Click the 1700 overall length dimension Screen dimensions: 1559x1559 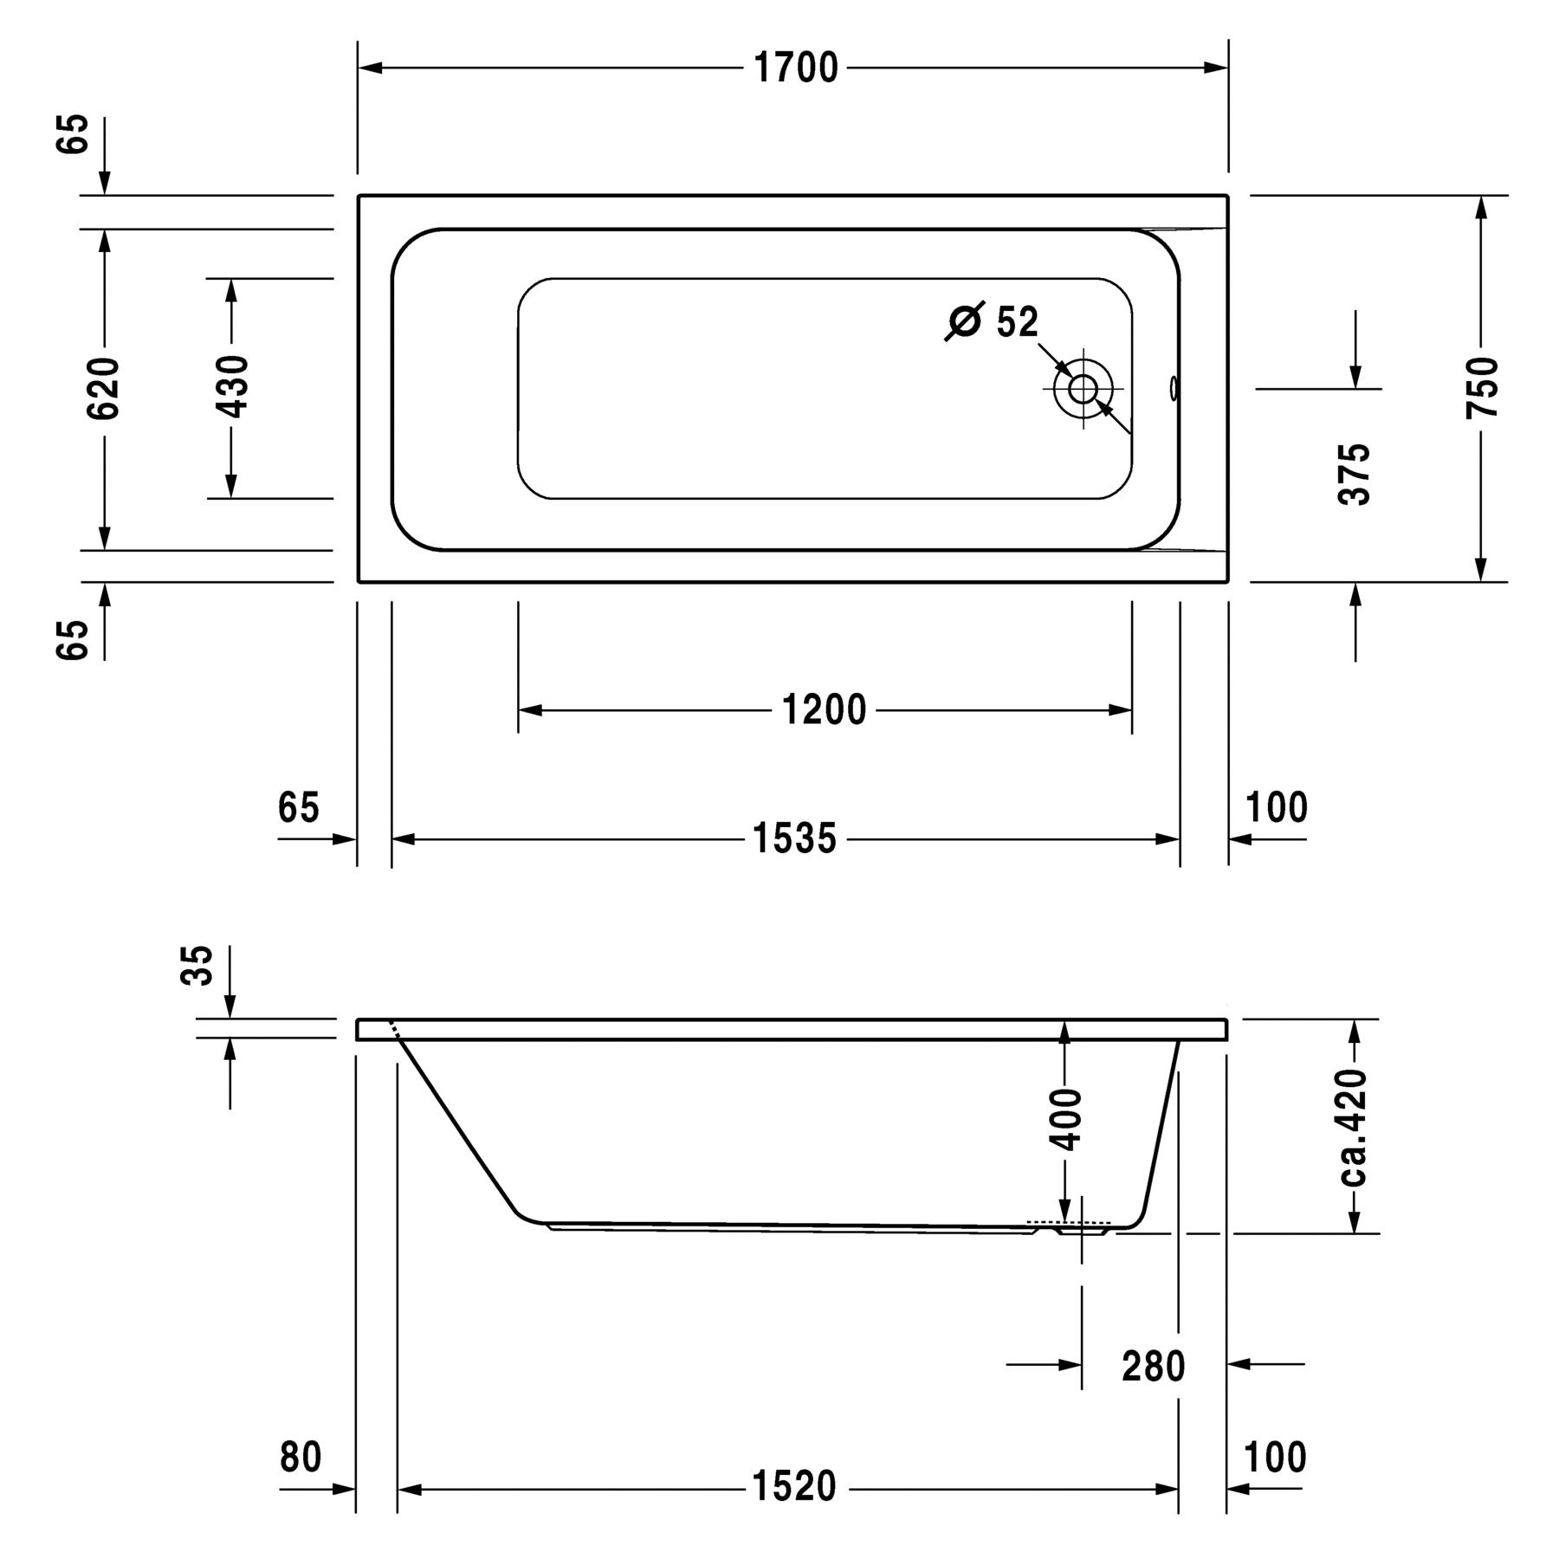[x=796, y=68]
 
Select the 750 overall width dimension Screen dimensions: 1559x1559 [x=1482, y=388]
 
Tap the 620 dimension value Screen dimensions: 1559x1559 [x=104, y=388]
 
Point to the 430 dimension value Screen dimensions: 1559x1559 [x=231, y=386]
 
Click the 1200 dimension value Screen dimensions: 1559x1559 [x=824, y=710]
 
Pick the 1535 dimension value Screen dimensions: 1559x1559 [x=794, y=838]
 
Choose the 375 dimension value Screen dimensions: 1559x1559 [x=1355, y=474]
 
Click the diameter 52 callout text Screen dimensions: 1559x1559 [x=991, y=321]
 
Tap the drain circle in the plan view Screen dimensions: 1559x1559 [x=1083, y=389]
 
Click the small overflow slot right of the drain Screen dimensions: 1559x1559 [x=1174, y=388]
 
